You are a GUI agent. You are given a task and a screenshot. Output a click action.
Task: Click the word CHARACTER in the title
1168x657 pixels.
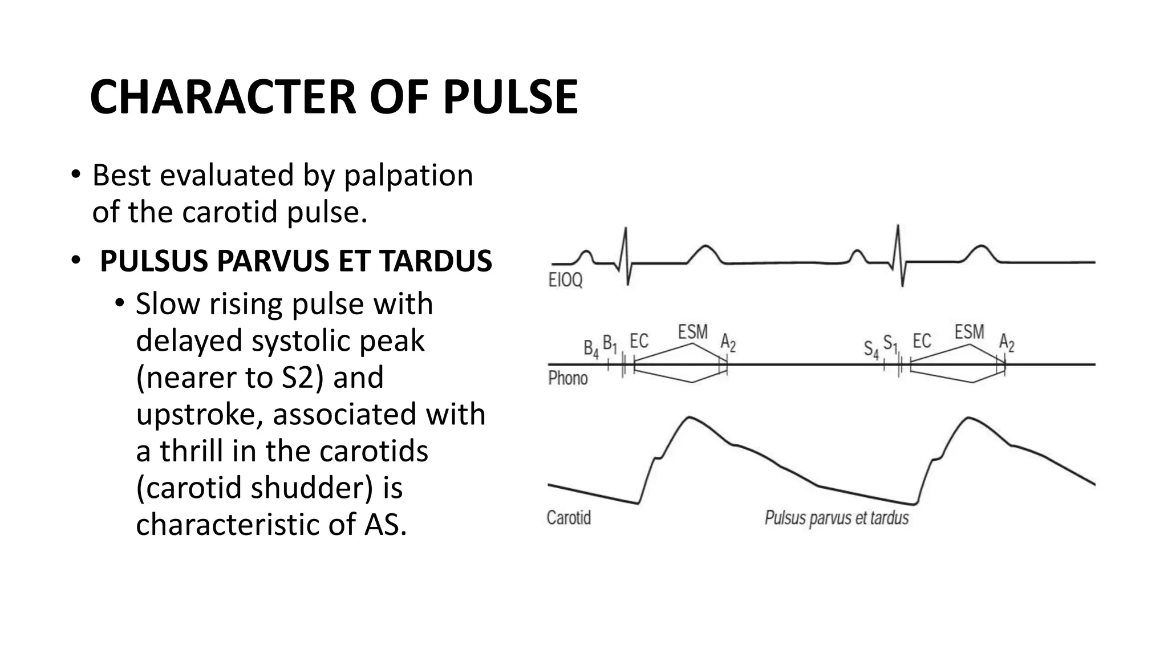click(223, 97)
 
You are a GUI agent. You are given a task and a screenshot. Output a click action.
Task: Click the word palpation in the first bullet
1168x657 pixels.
click(408, 175)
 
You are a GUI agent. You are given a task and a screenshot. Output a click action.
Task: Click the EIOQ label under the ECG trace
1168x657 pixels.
click(565, 281)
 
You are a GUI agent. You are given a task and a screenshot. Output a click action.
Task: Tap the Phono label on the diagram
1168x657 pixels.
click(567, 378)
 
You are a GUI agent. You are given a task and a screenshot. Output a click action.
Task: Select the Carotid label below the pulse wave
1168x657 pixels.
click(569, 518)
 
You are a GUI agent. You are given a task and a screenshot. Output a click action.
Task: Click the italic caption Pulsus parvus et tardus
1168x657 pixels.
click(836, 518)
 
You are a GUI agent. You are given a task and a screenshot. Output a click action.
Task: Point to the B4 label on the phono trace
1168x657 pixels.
click(591, 348)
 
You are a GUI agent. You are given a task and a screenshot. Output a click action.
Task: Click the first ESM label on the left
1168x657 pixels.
click(692, 332)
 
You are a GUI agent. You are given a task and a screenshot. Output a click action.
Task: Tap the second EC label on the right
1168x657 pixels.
click(922, 341)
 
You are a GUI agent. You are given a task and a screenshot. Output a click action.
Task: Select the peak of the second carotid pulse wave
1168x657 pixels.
click(968, 418)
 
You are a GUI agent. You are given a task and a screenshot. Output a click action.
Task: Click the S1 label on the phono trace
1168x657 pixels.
click(890, 343)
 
